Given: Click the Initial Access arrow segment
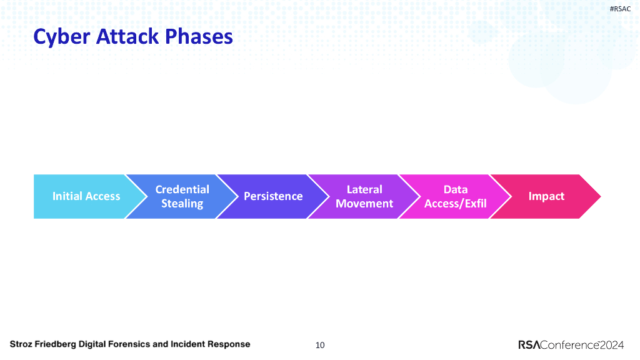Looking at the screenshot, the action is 86,196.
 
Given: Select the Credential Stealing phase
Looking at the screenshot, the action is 182,196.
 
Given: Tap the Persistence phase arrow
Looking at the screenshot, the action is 273,196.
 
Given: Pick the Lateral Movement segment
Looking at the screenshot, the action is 364,196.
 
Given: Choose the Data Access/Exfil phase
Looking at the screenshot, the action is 455,196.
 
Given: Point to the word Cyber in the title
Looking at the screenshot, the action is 62,37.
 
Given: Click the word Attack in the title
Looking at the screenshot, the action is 127,36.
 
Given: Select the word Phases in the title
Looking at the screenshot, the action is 199,36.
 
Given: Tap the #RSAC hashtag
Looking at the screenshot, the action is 620,9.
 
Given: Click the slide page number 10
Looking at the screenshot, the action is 320,345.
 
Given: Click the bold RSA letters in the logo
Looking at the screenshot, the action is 529,345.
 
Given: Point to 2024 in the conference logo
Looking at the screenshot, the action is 612,345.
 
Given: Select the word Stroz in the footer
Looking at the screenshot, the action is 21,344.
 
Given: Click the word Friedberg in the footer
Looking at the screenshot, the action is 56,344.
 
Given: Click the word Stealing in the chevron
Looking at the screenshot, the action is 182,204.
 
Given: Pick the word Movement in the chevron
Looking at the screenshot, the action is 364,203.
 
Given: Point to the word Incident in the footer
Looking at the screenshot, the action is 187,344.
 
